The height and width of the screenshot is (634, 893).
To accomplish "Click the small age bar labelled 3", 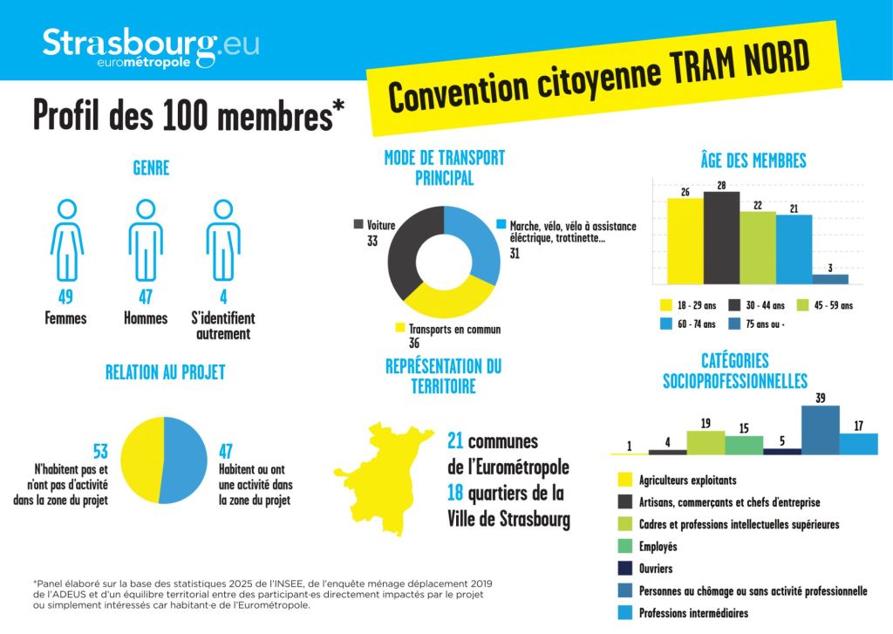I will coord(830,279).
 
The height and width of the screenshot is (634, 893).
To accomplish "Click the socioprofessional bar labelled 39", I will coord(820,430).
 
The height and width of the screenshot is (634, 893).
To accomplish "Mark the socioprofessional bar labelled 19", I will coord(706,443).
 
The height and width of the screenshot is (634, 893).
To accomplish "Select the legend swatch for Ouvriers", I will coord(624,569).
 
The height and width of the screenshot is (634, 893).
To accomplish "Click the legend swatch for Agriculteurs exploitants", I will coord(624,480).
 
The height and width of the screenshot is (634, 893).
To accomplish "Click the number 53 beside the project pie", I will coord(100,452).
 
